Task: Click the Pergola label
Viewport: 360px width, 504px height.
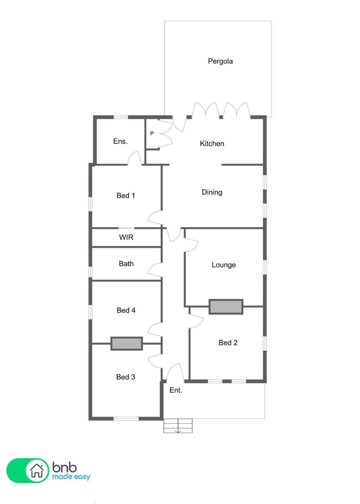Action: (x=220, y=61)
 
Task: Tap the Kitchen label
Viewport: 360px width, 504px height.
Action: (x=212, y=143)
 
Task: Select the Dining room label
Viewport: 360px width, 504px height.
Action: (x=212, y=192)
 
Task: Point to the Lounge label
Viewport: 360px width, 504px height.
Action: (x=224, y=265)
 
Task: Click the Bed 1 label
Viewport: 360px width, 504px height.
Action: (x=126, y=195)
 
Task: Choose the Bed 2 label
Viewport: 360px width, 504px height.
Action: (x=228, y=343)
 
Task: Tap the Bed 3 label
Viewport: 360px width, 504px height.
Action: (x=125, y=377)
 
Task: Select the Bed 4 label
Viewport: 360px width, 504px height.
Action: (x=126, y=310)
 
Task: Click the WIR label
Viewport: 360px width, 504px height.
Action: (x=126, y=237)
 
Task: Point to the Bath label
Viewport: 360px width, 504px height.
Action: (x=126, y=263)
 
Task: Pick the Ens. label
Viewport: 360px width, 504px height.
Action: (x=120, y=141)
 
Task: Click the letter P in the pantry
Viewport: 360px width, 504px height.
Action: (x=152, y=133)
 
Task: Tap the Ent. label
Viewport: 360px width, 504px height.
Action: (x=176, y=390)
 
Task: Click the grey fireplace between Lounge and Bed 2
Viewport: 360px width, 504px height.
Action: (x=226, y=307)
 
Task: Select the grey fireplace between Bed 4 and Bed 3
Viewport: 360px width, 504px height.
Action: (x=127, y=343)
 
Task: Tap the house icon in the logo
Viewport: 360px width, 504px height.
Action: (x=37, y=470)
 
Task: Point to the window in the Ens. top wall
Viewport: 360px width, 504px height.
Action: (x=121, y=117)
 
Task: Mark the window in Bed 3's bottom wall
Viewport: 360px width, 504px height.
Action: (x=126, y=418)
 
